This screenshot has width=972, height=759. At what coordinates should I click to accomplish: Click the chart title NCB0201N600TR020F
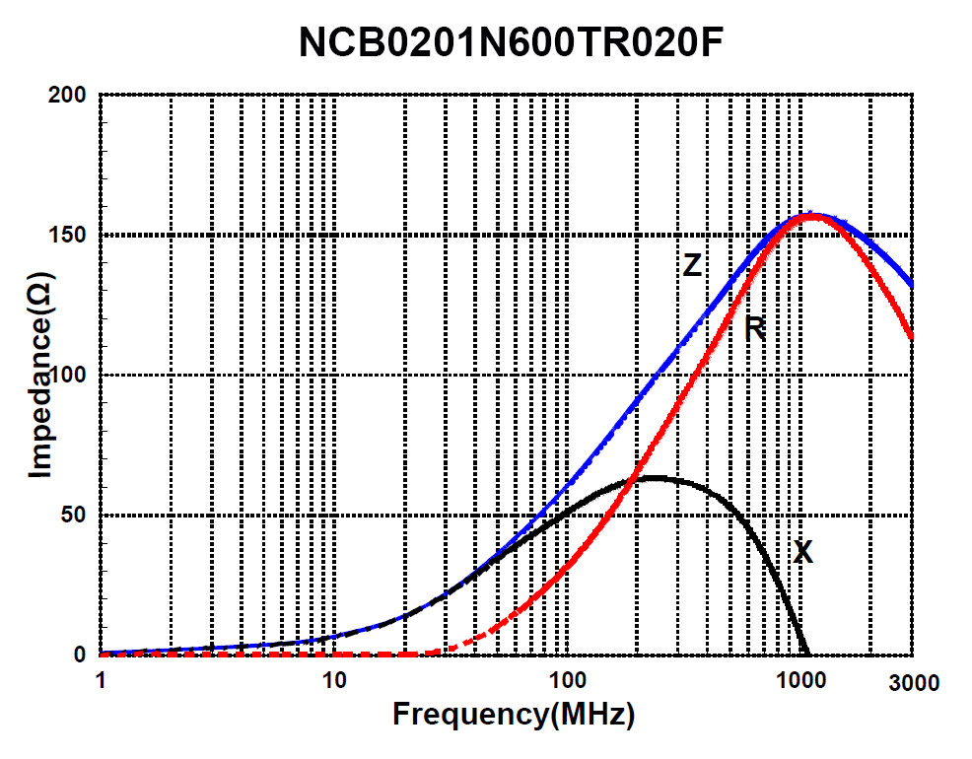[520, 42]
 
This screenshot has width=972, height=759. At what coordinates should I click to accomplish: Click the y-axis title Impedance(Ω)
[39, 376]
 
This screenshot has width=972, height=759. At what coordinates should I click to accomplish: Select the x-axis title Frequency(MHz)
[513, 715]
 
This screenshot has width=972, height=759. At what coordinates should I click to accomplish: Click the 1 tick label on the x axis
[101, 679]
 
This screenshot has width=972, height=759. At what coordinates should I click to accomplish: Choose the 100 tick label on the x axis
[567, 679]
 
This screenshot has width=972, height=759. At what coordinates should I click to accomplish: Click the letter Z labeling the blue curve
[692, 265]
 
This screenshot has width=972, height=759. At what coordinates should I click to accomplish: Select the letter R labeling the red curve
[756, 329]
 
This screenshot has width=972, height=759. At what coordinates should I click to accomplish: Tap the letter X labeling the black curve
[803, 553]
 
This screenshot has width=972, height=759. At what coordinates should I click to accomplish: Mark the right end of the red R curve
[911, 338]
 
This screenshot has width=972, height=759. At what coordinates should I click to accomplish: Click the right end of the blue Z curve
[911, 286]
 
